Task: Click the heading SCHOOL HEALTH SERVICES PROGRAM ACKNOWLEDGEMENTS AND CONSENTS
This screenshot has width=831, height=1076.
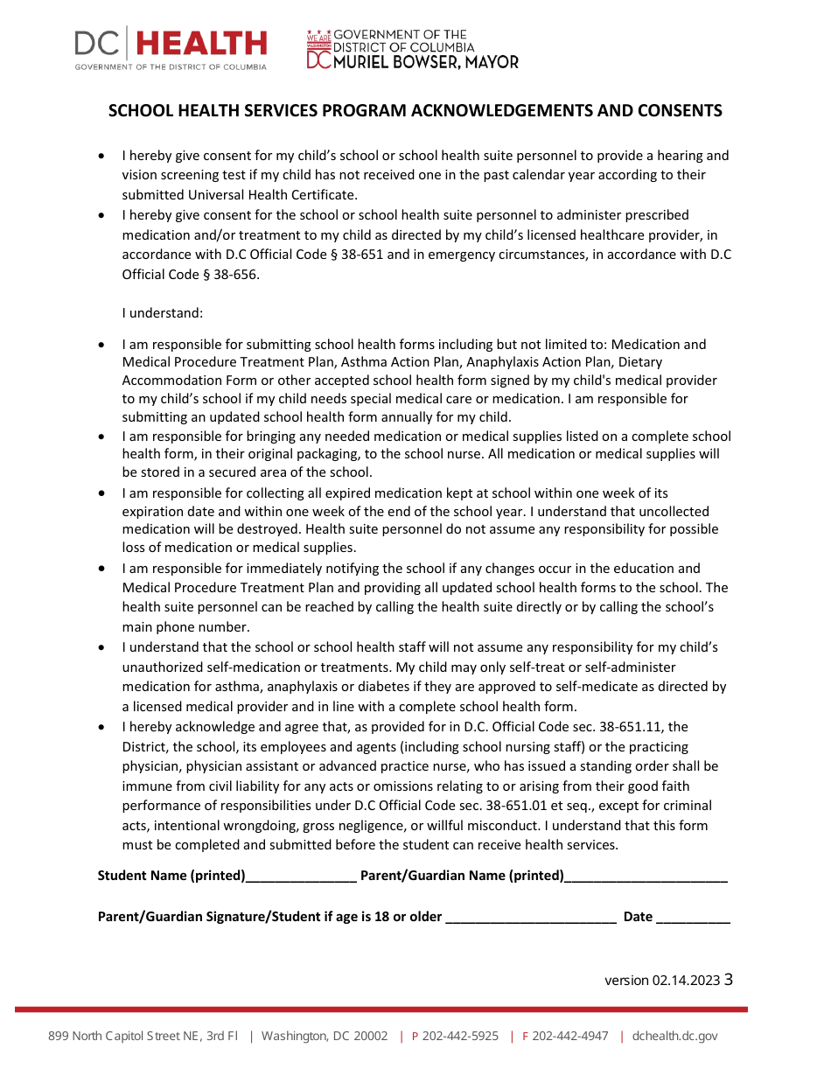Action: coord(415,111)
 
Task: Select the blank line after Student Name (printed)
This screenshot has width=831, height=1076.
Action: coord(301,877)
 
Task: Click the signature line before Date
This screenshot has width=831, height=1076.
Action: coord(531,918)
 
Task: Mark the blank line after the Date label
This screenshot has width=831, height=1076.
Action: coord(693,918)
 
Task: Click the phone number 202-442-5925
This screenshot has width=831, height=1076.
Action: coord(460,1037)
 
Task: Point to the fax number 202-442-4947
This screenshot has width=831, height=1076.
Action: coord(570,1037)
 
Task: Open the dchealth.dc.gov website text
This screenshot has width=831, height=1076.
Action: coord(674,1037)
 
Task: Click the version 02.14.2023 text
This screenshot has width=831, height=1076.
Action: coord(661,981)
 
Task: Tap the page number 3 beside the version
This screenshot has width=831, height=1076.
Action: coord(729,980)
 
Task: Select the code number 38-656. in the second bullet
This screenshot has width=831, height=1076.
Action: coord(236,275)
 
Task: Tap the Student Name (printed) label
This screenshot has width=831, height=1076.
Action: coord(171,876)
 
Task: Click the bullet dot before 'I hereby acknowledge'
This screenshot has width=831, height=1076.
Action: coord(103,728)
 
